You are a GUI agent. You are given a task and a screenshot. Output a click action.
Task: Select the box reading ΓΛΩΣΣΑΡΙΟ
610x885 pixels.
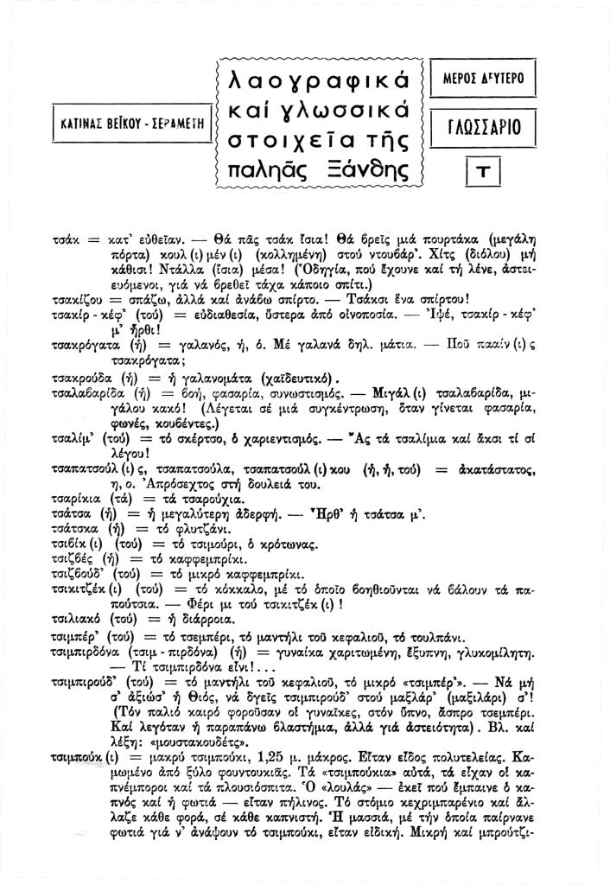(x=483, y=126)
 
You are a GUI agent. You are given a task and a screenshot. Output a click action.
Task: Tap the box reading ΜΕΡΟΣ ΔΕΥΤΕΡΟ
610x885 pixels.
(x=483, y=81)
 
